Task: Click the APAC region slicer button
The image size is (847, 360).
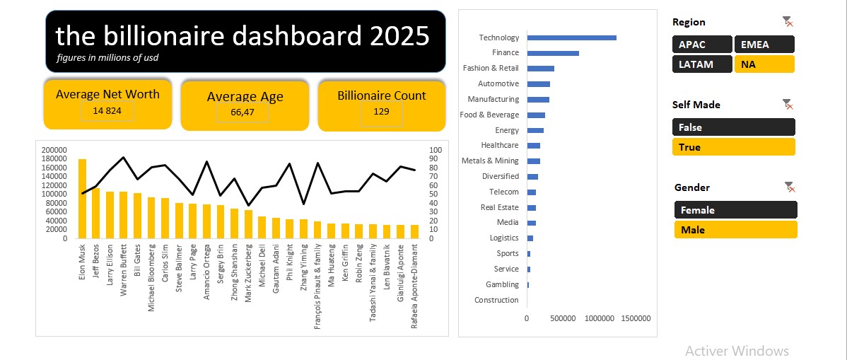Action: tap(702, 45)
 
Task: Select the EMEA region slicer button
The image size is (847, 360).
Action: tap(764, 45)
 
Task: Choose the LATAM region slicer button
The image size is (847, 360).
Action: tap(702, 64)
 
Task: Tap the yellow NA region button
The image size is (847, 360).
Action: tap(764, 64)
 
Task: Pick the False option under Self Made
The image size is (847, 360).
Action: tap(733, 127)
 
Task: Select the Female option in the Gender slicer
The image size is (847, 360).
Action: tap(735, 210)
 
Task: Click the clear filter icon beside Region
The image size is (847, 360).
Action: tap(788, 22)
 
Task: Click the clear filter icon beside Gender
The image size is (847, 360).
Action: tap(790, 187)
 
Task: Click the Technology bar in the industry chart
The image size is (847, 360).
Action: tap(571, 37)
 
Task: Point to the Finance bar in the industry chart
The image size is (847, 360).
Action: tap(553, 53)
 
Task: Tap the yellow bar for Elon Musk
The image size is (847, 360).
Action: tap(82, 199)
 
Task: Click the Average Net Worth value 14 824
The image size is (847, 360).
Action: tap(107, 111)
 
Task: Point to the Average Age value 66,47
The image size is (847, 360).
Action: tap(243, 112)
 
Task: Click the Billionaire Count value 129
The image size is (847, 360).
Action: tap(381, 112)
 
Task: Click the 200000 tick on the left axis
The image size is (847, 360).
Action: tap(54, 150)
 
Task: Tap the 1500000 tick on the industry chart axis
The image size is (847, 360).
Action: tap(636, 319)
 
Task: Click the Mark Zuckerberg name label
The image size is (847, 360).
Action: tap(248, 264)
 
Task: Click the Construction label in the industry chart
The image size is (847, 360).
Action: tap(496, 300)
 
